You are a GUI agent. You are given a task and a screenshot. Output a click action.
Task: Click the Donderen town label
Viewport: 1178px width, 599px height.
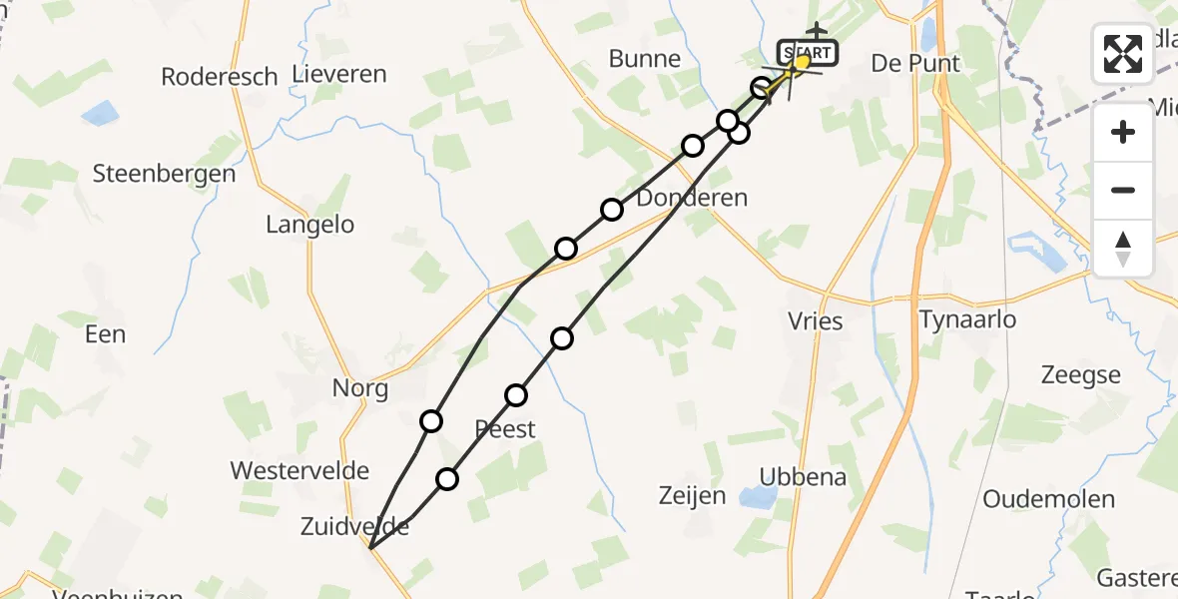[x=692, y=198]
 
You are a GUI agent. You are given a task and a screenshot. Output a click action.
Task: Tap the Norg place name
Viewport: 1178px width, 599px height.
[x=360, y=388]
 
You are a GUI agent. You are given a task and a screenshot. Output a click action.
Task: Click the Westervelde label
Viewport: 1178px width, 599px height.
[x=299, y=470]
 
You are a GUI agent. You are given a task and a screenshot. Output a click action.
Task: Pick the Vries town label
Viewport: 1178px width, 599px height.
[x=816, y=321]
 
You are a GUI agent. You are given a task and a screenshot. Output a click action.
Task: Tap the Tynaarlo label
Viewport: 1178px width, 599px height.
[x=968, y=319]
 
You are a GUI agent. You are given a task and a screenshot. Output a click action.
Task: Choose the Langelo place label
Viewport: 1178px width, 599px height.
[x=309, y=226]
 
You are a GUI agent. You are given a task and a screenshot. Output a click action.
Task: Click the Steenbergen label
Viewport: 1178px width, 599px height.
[x=164, y=174]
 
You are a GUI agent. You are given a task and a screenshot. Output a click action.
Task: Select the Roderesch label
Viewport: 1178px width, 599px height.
[x=220, y=77]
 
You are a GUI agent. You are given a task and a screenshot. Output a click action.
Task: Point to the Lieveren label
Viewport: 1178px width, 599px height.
[x=339, y=74]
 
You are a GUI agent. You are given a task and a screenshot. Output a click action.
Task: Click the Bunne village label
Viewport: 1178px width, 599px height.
[x=645, y=59]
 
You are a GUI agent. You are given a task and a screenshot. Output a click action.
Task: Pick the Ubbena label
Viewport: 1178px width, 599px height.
[x=803, y=477]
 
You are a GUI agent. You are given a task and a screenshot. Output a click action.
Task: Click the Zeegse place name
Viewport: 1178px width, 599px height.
[x=1080, y=375]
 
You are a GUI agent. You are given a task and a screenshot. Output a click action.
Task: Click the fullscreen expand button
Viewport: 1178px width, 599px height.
[x=1123, y=54]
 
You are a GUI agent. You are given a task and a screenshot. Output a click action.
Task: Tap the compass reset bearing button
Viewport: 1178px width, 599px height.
[x=1123, y=248]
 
